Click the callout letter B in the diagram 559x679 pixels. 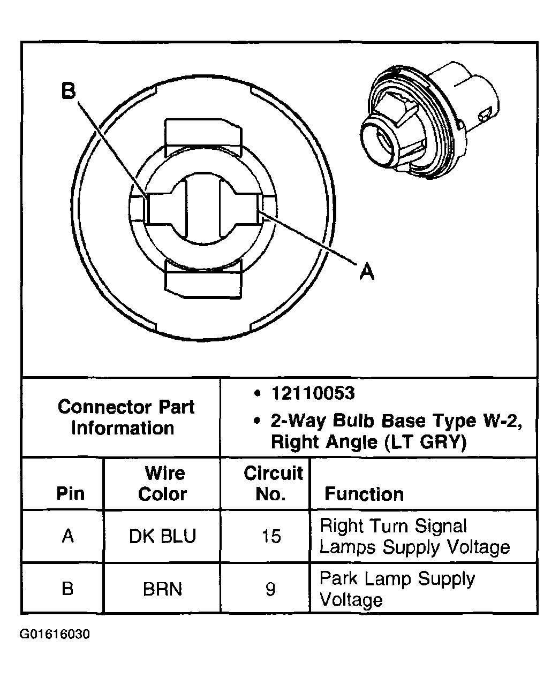pos(69,91)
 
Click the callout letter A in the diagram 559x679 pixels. pos(366,272)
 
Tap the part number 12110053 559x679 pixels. pos(313,394)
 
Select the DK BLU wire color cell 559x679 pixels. pos(162,536)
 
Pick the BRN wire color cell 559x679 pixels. pos(162,589)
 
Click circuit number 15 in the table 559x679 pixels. pos(271,536)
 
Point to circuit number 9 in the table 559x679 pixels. pos(270,589)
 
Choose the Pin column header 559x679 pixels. pos(70,493)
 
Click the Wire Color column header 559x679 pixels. pos(162,483)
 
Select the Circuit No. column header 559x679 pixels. pos(273,483)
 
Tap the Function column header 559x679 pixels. pos(364,494)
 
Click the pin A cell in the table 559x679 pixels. pos(68,536)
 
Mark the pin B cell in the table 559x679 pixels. pos(67,589)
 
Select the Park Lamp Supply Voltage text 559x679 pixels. pos(397,589)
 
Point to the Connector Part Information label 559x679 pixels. pos(125,417)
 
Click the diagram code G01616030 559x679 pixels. pos(55,635)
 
